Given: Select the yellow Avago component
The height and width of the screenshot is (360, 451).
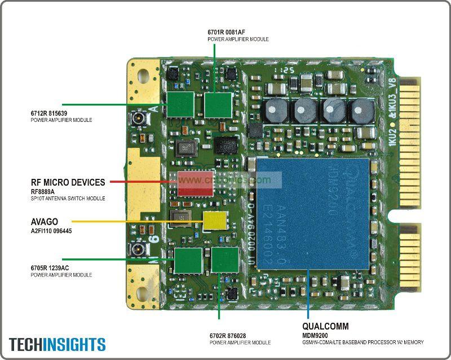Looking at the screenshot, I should [215, 221].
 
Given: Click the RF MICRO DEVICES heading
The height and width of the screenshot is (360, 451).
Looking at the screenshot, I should [68, 182].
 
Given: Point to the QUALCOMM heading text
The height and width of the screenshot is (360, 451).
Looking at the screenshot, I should [325, 326].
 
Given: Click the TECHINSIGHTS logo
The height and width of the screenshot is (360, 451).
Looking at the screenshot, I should [57, 344].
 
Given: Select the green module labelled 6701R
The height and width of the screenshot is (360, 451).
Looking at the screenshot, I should [218, 105].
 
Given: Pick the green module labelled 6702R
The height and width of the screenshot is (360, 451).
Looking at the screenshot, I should [224, 260].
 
